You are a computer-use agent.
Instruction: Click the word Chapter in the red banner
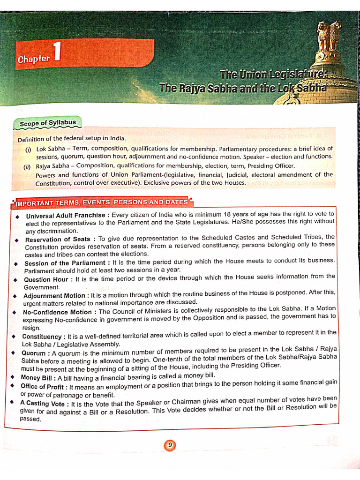pyautogui.click(x=33, y=59)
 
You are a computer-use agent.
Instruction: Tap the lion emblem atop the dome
pyautogui.click(x=330, y=36)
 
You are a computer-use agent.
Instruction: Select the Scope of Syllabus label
pyautogui.click(x=47, y=123)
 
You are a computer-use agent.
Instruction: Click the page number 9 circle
pyautogui.click(x=170, y=445)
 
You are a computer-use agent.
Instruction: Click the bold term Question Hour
pyautogui.click(x=48, y=279)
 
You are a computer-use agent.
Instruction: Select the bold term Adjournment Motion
pyautogui.click(x=54, y=296)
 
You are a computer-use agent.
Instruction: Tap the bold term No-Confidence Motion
pyautogui.click(x=57, y=312)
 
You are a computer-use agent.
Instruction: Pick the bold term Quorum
pyautogui.click(x=34, y=353)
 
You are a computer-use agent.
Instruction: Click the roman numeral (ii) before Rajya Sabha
pyautogui.click(x=27, y=167)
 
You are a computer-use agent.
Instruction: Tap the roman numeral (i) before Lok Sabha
pyautogui.click(x=28, y=150)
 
